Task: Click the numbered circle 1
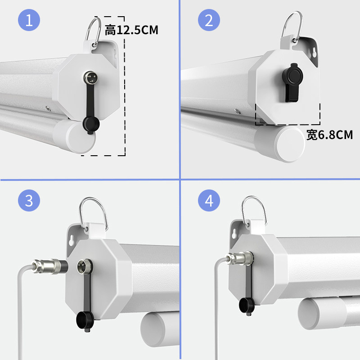[29, 20]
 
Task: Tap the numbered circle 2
[209, 20]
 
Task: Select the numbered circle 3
[29, 200]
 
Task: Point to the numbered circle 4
[209, 200]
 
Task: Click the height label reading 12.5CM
[131, 30]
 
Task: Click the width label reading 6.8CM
[330, 135]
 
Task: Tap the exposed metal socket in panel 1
[90, 77]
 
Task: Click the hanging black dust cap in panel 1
[91, 125]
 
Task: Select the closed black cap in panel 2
[292, 82]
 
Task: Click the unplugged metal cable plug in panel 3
[49, 266]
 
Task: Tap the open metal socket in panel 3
[85, 266]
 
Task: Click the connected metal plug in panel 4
[240, 258]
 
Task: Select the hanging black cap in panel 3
[85, 321]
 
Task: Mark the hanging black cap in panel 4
[247, 306]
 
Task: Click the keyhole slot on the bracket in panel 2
[314, 53]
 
